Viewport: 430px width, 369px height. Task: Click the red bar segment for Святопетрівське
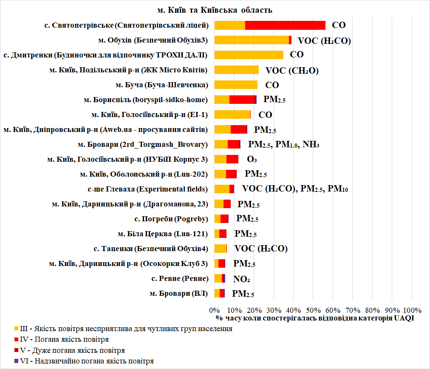tap(285, 25)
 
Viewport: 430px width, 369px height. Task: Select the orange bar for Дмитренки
tap(249, 55)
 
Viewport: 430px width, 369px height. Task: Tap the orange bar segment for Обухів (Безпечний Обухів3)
tap(252, 40)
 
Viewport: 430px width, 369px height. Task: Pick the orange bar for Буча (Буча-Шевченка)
tap(236, 85)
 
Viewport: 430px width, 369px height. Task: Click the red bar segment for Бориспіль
tap(242, 100)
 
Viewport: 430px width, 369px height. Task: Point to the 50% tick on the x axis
tap(313, 310)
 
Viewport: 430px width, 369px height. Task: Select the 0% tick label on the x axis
tap(215, 310)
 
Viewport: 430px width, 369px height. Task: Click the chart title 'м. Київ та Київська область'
tap(215, 9)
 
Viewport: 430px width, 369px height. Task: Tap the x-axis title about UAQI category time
tap(314, 318)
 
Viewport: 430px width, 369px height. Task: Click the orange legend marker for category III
tap(17, 329)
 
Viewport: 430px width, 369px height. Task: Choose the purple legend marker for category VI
tap(17, 360)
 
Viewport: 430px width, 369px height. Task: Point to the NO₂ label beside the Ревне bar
tap(241, 279)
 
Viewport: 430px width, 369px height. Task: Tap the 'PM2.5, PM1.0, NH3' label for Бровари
tap(284, 145)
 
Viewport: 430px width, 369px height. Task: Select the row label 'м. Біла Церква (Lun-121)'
tap(162, 234)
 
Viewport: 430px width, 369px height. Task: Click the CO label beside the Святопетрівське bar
tap(339, 25)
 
